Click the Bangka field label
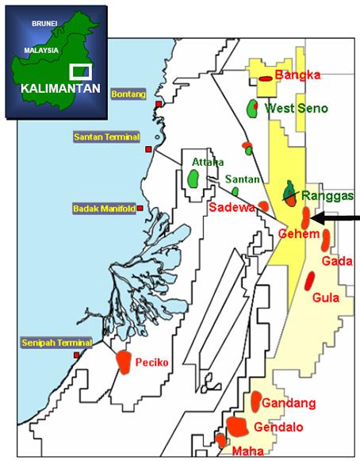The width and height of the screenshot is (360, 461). pyautogui.click(x=297, y=75)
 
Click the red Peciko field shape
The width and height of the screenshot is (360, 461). pyautogui.click(x=124, y=360)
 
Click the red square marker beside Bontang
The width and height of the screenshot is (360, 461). pyautogui.click(x=159, y=104)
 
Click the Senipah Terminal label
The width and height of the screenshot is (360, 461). pyautogui.click(x=57, y=343)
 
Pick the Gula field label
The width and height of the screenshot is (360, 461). pyautogui.click(x=326, y=298)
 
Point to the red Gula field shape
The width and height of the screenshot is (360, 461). pyautogui.click(x=310, y=279)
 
